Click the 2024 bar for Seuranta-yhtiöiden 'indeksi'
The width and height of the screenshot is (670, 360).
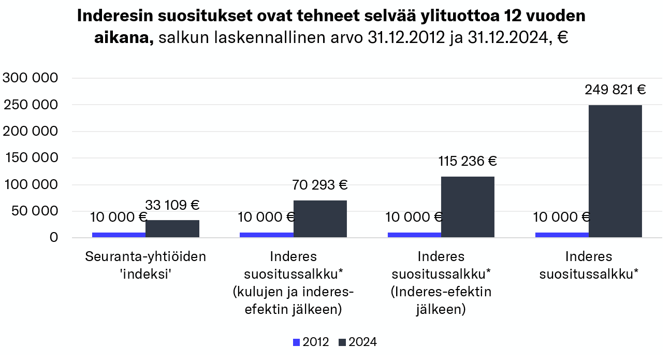point(172,228)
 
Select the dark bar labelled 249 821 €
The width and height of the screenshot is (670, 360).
point(615,171)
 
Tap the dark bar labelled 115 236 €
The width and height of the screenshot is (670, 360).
point(468,207)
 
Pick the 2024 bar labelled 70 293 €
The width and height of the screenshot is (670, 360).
point(320,219)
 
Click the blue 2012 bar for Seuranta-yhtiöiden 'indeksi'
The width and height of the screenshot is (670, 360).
point(119,235)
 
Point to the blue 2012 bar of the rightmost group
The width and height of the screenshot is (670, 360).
point(562,235)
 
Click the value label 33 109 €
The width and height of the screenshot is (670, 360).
point(173,205)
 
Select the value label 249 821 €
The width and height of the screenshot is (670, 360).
point(615,90)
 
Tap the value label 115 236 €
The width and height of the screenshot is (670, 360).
point(468,161)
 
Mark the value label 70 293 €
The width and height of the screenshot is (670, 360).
point(320,185)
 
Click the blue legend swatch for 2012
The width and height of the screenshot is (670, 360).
point(297,342)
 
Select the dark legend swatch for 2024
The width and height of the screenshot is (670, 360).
point(342,342)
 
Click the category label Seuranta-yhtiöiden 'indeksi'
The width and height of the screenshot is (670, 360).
point(145,265)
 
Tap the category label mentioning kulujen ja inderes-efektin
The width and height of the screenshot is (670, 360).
point(294,283)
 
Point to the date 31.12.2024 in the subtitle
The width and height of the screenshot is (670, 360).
point(505,38)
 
